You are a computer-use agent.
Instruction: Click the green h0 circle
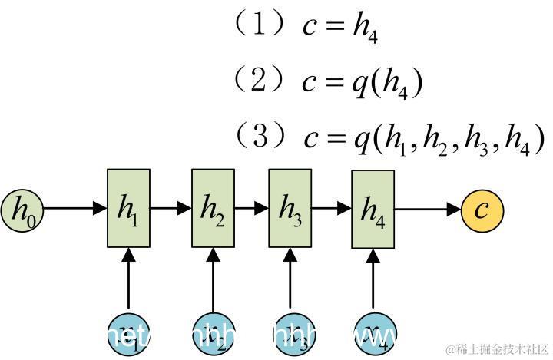point(23,209)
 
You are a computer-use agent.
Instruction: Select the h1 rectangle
point(127,209)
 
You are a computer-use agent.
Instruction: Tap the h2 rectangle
point(212,209)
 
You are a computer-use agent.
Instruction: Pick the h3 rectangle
point(290,209)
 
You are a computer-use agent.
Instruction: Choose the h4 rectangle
point(373,209)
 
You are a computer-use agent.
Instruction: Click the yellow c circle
point(482,209)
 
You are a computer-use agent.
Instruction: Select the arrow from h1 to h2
point(170,208)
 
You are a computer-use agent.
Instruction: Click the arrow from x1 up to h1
point(127,279)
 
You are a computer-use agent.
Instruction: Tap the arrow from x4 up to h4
point(373,279)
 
